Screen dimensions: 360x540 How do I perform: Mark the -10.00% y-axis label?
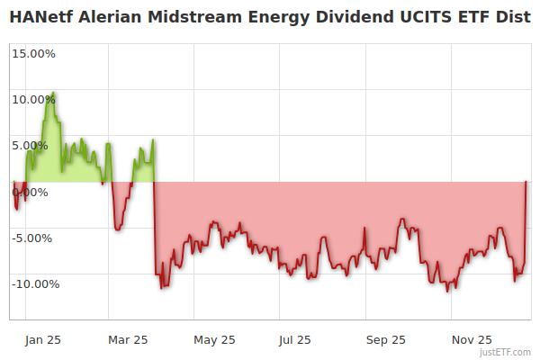pyautogui.click(x=34, y=283)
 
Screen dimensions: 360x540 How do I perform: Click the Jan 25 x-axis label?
pyautogui.click(x=42, y=339)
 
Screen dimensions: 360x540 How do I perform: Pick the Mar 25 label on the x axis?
pyautogui.click(x=128, y=339)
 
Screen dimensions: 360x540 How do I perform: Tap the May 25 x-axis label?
pyautogui.click(x=213, y=339)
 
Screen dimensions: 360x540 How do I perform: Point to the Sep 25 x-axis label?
pyautogui.click(x=385, y=339)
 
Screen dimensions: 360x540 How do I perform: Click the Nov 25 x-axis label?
pyautogui.click(x=472, y=339)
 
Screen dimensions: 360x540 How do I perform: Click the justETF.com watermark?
pyautogui.click(x=506, y=352)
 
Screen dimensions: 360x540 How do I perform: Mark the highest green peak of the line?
pyautogui.click(x=53, y=93)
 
